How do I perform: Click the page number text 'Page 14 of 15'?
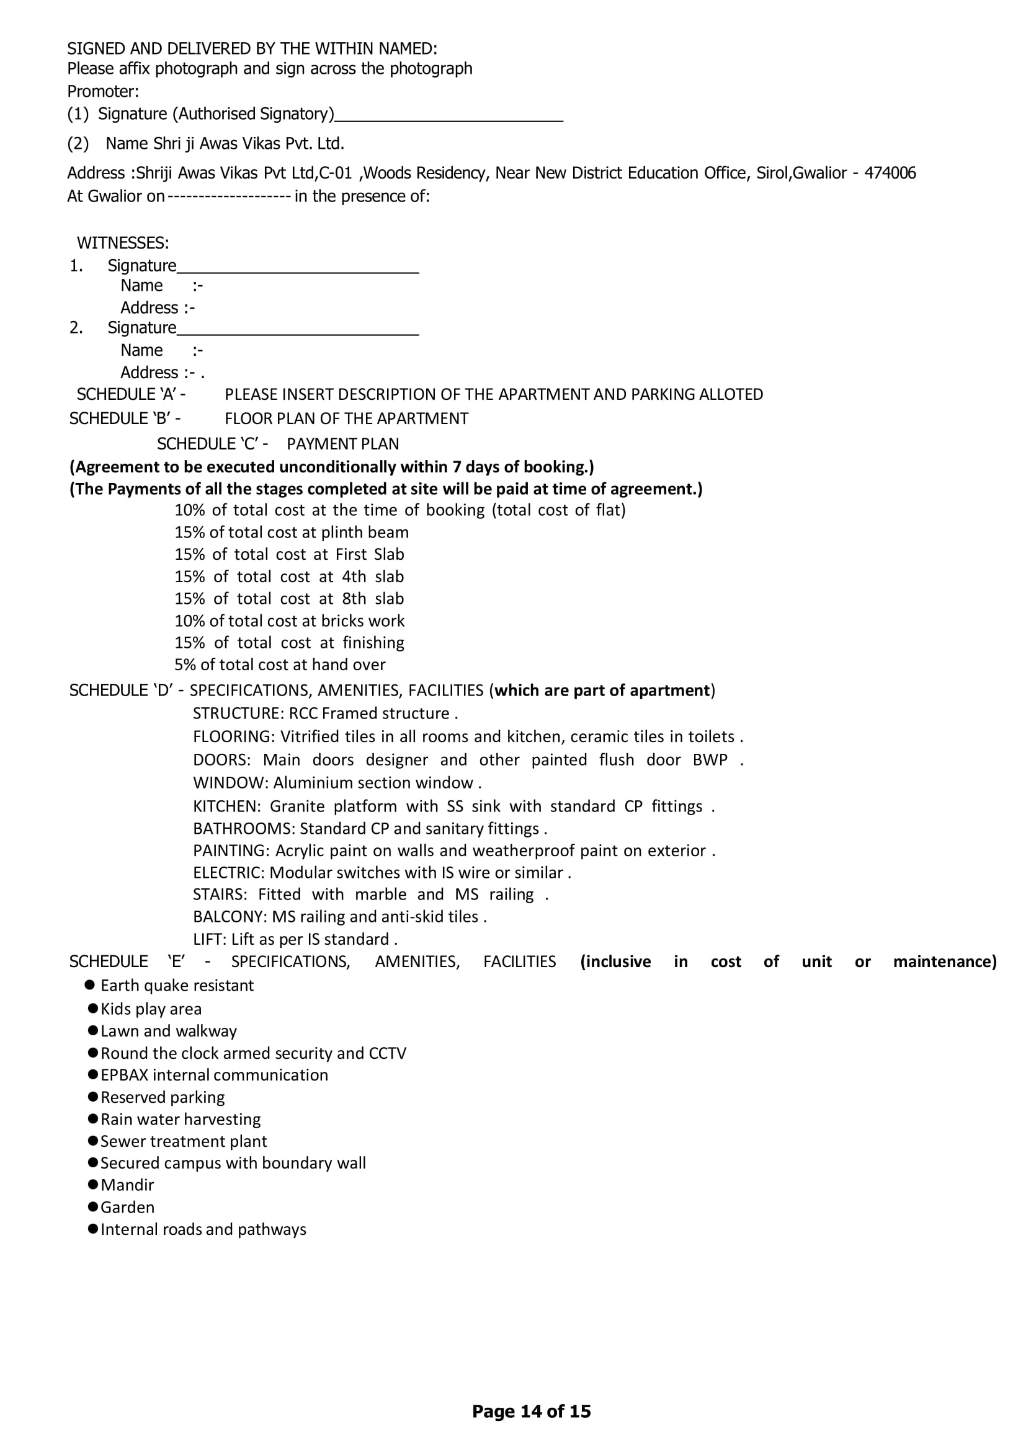(x=532, y=1411)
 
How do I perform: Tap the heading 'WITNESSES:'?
(x=123, y=243)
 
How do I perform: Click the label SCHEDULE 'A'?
(x=131, y=395)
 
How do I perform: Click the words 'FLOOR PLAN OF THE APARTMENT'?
(x=346, y=418)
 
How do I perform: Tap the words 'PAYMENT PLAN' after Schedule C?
(x=342, y=444)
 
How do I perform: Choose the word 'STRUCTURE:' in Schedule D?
(x=238, y=714)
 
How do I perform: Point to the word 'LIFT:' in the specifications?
(x=210, y=939)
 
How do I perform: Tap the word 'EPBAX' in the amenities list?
(x=125, y=1075)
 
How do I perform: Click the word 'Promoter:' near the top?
(x=103, y=92)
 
